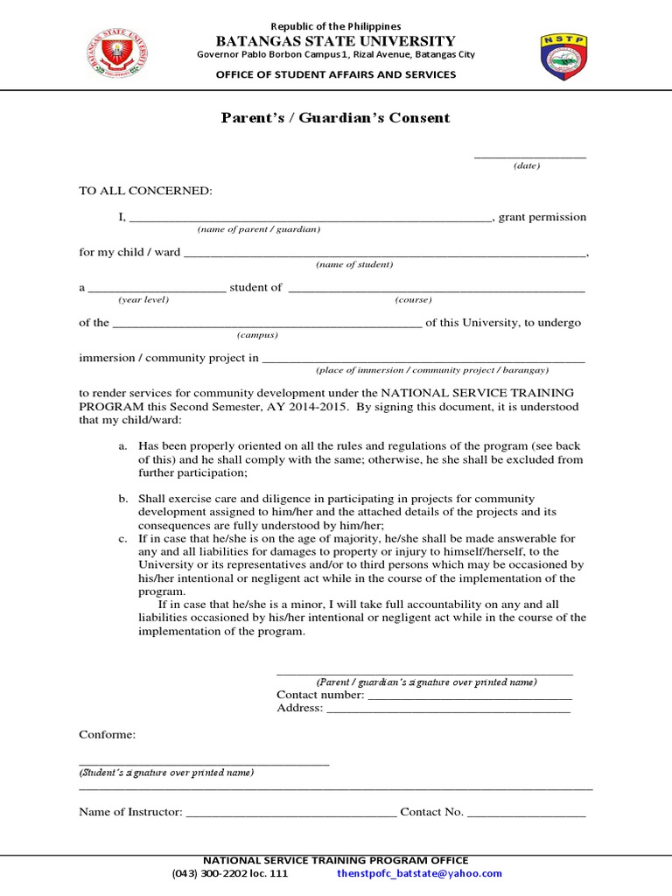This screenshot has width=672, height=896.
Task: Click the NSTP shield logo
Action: [564, 58]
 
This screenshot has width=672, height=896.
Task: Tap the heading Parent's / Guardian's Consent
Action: [335, 118]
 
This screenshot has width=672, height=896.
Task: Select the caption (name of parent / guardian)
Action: [258, 229]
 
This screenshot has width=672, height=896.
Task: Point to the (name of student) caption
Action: [354, 264]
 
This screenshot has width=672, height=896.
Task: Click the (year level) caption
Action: [143, 299]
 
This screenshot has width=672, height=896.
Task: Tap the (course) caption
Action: [413, 299]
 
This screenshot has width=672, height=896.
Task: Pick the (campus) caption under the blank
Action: [257, 335]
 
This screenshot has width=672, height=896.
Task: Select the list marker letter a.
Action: [123, 446]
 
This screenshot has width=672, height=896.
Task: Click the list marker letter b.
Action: [123, 498]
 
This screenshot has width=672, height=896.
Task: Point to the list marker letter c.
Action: [123, 538]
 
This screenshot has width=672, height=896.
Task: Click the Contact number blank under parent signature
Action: [469, 696]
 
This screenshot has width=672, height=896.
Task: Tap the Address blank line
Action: [447, 709]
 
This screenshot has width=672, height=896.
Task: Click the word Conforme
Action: [108, 734]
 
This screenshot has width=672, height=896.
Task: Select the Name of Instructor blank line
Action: [290, 813]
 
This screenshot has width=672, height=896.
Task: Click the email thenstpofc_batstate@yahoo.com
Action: [419, 873]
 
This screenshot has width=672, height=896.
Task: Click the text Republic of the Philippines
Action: [336, 26]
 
